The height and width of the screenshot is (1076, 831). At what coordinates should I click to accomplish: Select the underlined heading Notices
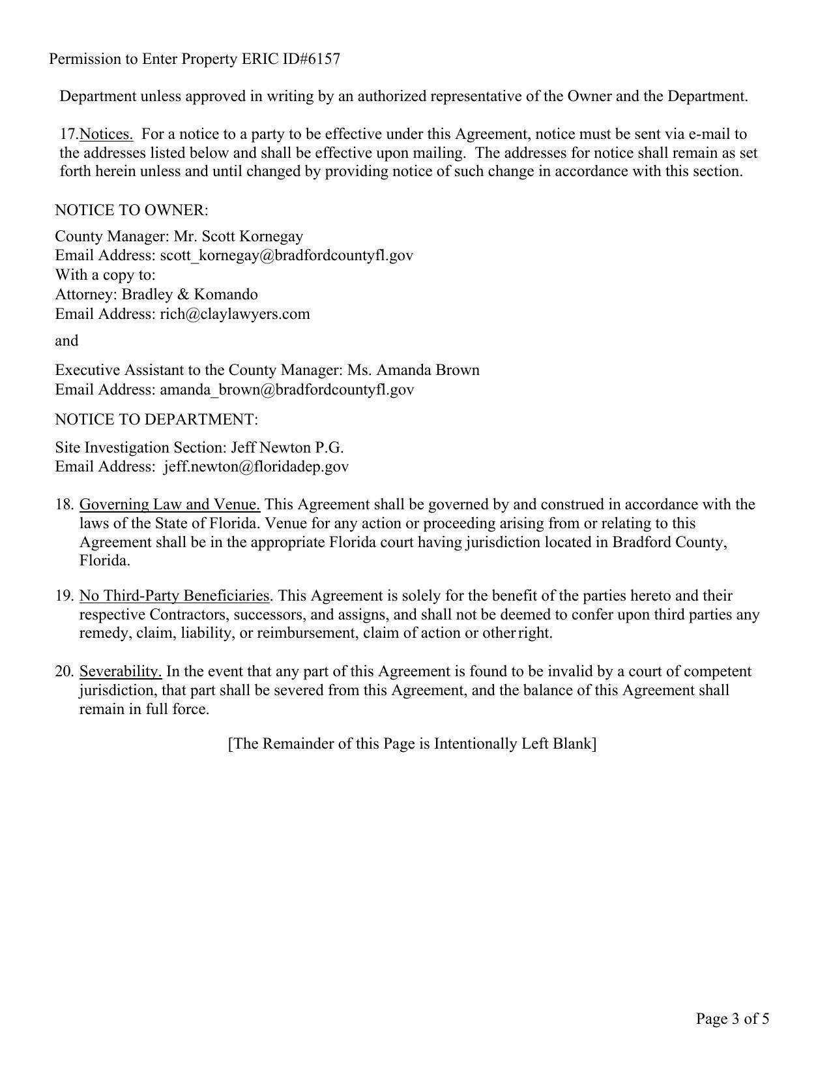(x=106, y=134)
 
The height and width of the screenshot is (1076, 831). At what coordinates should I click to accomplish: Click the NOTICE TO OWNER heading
(x=132, y=210)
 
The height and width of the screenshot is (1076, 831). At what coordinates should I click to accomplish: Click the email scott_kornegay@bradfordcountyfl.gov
(x=286, y=255)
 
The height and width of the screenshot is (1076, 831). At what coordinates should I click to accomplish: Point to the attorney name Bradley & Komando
(x=190, y=294)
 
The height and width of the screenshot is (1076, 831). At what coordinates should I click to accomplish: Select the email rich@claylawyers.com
(x=235, y=314)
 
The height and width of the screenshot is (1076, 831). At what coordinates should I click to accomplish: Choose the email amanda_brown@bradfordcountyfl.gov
(x=287, y=389)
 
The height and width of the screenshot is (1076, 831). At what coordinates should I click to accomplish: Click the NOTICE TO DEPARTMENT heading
(x=156, y=419)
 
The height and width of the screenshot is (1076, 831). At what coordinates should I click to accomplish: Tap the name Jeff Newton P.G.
(x=287, y=447)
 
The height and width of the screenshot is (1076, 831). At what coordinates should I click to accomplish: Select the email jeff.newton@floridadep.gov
(x=256, y=466)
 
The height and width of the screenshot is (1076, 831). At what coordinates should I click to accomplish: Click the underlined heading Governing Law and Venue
(x=169, y=505)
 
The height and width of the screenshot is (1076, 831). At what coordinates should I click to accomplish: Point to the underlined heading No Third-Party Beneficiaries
(x=174, y=596)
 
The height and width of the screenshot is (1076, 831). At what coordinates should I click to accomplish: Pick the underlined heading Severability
(x=121, y=672)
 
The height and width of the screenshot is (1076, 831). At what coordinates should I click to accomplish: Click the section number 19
(x=63, y=596)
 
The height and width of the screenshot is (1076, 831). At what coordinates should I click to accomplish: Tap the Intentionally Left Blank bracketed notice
(x=412, y=744)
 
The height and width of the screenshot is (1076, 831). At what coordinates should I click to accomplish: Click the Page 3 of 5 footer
(x=732, y=1019)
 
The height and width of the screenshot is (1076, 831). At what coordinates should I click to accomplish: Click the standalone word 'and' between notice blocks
(x=66, y=340)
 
